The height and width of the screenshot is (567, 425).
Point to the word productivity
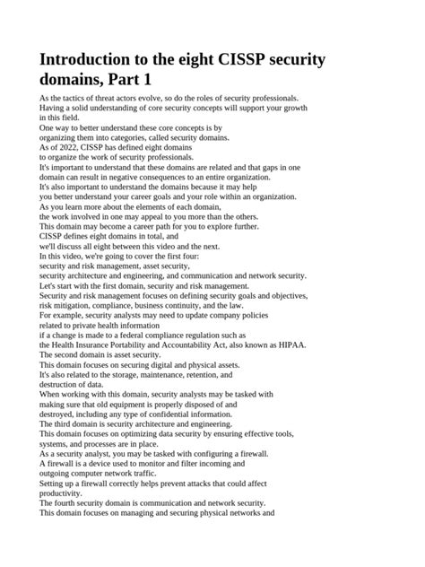[62, 493]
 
